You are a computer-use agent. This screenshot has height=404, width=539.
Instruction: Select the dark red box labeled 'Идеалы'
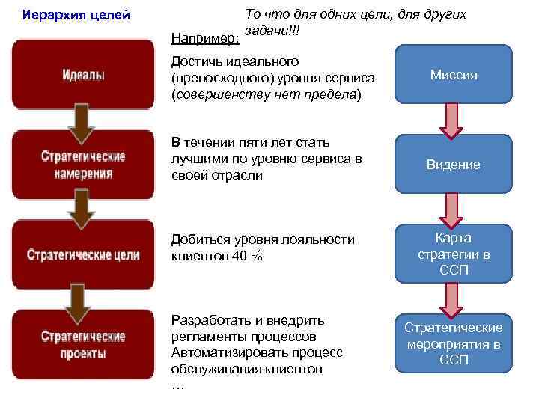click(83, 75)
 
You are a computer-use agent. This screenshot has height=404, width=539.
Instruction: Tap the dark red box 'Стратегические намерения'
click(83, 165)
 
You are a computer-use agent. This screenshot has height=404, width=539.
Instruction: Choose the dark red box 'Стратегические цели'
click(83, 254)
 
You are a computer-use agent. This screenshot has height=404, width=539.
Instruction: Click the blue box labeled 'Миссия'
click(454, 75)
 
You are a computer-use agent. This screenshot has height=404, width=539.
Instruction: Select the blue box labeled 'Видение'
click(454, 165)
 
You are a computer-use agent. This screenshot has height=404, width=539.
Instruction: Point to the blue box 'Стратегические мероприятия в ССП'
click(454, 344)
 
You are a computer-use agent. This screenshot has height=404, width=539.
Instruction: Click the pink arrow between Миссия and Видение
click(452, 120)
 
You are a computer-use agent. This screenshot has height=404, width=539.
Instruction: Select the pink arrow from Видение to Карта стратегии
click(452, 209)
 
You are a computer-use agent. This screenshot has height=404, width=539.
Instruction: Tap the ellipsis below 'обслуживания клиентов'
click(177, 386)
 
